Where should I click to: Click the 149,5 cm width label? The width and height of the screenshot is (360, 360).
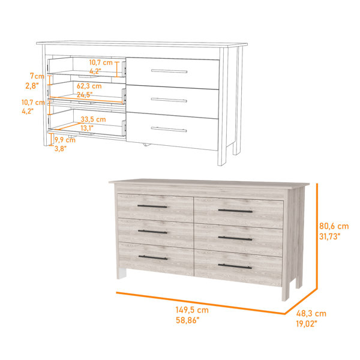(x=192, y=310)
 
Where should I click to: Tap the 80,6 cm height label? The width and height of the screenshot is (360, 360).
(x=334, y=226)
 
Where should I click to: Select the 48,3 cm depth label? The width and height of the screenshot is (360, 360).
(x=311, y=313)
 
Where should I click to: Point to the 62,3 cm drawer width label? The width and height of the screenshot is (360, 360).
(x=89, y=86)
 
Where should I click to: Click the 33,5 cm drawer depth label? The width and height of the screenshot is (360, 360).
(x=93, y=119)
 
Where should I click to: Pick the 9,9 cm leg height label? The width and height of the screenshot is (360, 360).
(x=65, y=140)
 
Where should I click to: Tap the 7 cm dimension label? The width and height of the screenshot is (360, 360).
(x=37, y=76)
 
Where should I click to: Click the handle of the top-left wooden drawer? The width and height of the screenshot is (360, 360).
(x=152, y=206)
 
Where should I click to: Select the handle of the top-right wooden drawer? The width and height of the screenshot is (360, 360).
(x=235, y=211)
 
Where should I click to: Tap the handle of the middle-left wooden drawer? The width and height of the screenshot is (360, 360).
(x=152, y=232)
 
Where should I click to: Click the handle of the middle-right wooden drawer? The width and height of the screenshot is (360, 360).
(x=235, y=239)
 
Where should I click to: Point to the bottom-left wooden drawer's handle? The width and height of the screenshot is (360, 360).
(x=153, y=257)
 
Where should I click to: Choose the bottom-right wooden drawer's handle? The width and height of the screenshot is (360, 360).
(x=235, y=266)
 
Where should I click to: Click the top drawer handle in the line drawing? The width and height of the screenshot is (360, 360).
(x=169, y=71)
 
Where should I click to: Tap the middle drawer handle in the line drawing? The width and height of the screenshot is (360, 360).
(x=169, y=100)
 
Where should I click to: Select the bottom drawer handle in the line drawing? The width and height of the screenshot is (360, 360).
(x=169, y=130)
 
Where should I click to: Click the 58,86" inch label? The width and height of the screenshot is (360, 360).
(x=188, y=320)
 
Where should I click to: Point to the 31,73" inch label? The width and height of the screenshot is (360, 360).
(x=329, y=236)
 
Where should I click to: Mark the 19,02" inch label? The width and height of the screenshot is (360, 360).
(x=307, y=324)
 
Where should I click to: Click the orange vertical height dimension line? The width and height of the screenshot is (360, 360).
(x=317, y=236)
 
